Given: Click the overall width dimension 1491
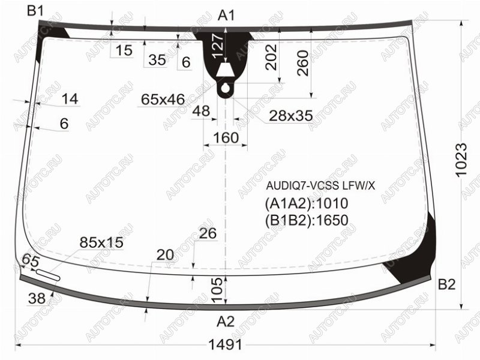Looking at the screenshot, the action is pyautogui.click(x=225, y=345).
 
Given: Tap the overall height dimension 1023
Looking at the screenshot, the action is pyautogui.click(x=461, y=160).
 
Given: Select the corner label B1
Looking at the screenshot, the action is pyautogui.click(x=35, y=11).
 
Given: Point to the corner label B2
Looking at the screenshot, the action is pyautogui.click(x=446, y=284).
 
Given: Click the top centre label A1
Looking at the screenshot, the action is pyautogui.click(x=226, y=16).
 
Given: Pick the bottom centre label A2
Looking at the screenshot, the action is pyautogui.click(x=226, y=322).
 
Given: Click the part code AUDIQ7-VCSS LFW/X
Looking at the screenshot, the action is pyautogui.click(x=320, y=186).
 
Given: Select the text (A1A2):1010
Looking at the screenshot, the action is pyautogui.click(x=307, y=203).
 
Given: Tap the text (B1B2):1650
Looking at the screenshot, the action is pyautogui.click(x=307, y=220).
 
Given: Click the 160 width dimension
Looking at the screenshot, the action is pyautogui.click(x=226, y=138).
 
